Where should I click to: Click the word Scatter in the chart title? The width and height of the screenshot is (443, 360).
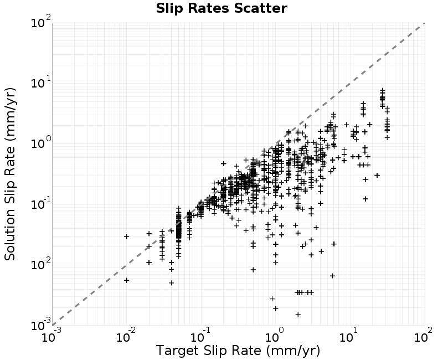click(x=260, y=8)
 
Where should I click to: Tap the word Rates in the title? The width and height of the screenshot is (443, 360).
click(x=209, y=8)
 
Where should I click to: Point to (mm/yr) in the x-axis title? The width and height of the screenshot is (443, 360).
click(x=293, y=351)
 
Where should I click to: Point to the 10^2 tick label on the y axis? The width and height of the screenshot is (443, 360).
click(x=41, y=22)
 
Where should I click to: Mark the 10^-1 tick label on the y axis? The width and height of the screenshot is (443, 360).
click(x=41, y=203)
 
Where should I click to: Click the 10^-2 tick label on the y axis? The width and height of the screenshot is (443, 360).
click(x=41, y=264)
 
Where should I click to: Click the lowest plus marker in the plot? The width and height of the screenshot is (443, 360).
click(x=298, y=315)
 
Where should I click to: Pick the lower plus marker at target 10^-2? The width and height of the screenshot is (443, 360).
click(x=127, y=280)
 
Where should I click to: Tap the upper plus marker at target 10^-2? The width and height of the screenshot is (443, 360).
click(x=127, y=236)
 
